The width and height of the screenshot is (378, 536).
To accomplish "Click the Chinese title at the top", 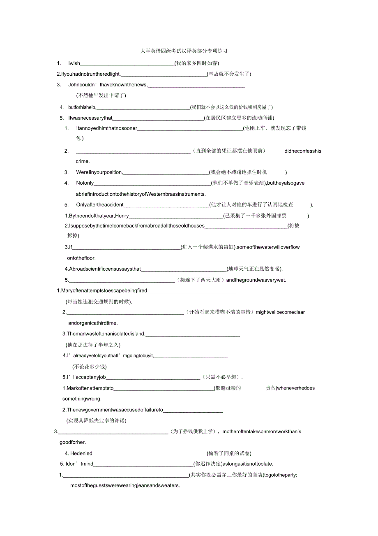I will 184,51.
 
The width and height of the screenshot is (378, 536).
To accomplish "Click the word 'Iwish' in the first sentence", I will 74,63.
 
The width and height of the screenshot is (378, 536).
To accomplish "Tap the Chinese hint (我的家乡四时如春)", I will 196,63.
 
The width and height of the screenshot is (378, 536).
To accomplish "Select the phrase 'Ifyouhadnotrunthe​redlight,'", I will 91,74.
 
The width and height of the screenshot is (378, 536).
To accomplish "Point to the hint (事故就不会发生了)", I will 229,74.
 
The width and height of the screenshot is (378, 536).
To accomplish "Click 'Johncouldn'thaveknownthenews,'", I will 108,85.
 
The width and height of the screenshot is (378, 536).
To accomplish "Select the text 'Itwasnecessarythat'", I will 90,118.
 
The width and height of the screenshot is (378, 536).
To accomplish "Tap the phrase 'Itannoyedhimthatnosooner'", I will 106,128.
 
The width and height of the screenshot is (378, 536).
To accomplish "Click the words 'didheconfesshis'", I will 303,151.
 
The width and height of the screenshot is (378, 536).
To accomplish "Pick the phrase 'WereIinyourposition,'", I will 99,172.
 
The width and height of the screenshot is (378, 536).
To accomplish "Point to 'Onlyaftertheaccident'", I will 100,205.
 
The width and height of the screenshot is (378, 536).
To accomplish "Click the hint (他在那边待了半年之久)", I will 93,345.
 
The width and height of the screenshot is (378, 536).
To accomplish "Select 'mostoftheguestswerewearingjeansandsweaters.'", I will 125,485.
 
